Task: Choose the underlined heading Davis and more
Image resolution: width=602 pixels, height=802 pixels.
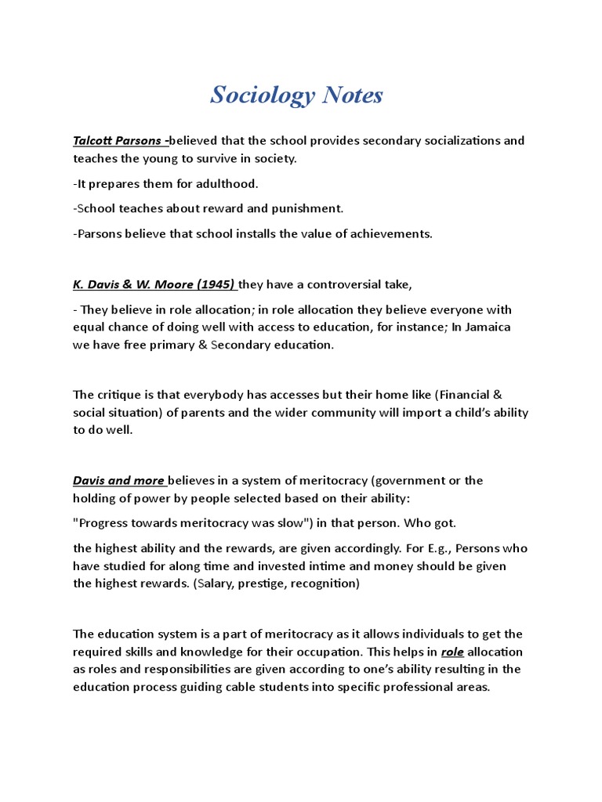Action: coord(118,480)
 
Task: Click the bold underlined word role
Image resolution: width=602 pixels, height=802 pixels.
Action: coord(452,652)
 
